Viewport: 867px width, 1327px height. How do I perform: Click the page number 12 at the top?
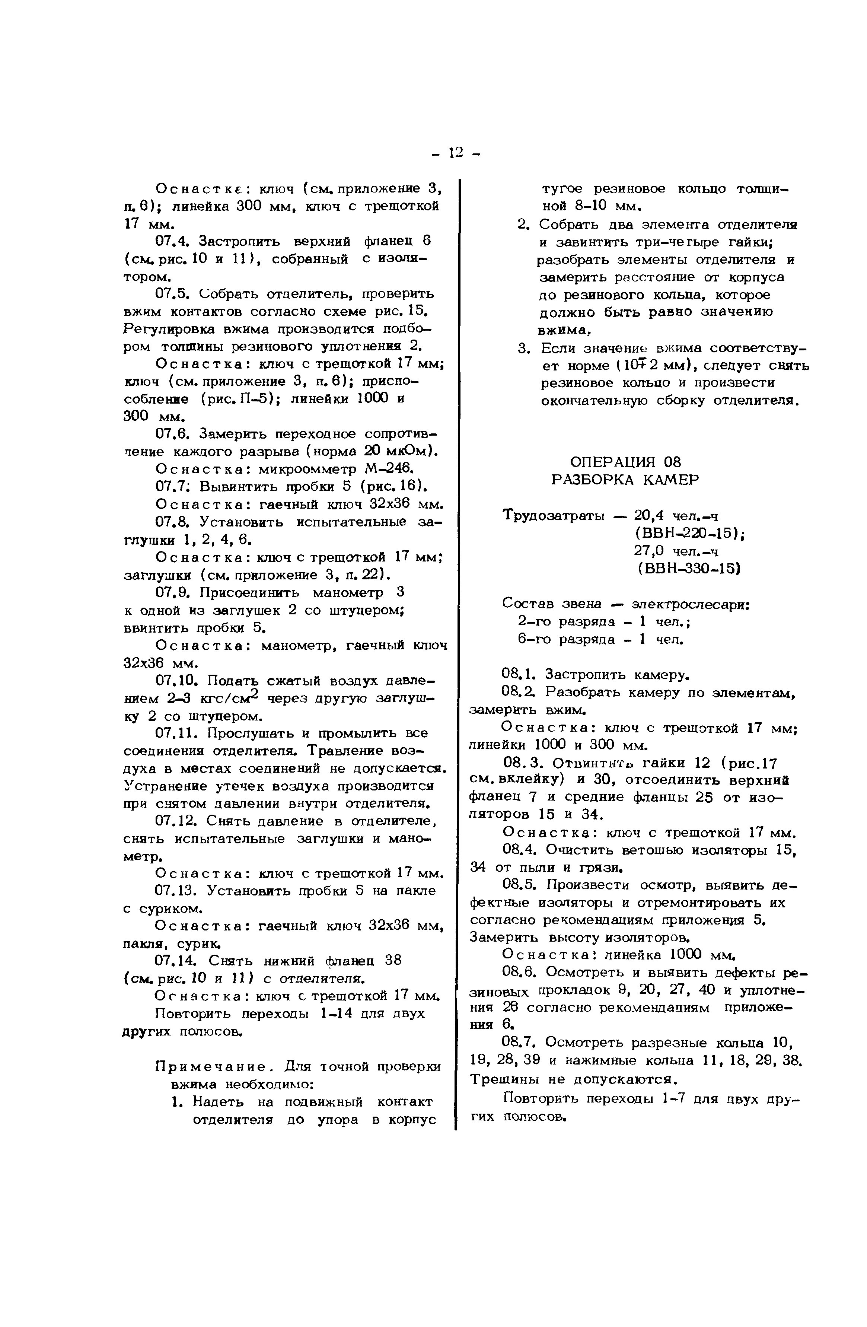click(x=455, y=152)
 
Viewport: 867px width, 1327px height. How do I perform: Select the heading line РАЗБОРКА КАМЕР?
click(x=624, y=480)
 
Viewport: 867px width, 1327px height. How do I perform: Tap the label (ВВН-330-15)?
click(x=689, y=569)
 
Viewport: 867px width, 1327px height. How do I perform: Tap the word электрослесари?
click(x=690, y=604)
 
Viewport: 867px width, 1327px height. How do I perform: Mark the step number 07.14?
click(x=177, y=961)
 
